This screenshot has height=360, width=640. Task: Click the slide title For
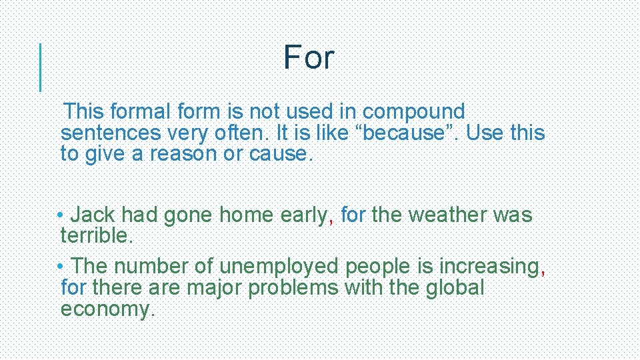pyautogui.click(x=308, y=58)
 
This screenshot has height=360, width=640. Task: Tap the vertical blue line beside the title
pyautogui.click(x=41, y=67)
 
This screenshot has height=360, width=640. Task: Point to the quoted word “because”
pyautogui.click(x=409, y=133)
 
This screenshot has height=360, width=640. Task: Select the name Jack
pyautogui.click(x=93, y=215)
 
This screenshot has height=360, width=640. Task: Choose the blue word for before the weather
pyautogui.click(x=353, y=215)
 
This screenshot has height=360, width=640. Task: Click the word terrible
pyautogui.click(x=96, y=235)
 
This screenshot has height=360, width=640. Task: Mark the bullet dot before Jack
pyautogui.click(x=61, y=215)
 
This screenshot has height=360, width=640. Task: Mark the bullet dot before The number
pyautogui.click(x=61, y=267)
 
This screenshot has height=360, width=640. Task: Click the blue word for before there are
pyautogui.click(x=73, y=288)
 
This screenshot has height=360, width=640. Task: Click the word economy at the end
pyautogui.click(x=105, y=309)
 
